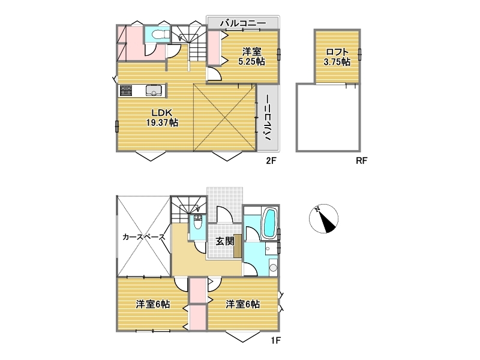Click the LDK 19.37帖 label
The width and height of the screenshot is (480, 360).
coord(162,118)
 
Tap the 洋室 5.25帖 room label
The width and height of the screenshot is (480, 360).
coord(251,56)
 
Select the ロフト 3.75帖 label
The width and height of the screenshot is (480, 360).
coord(337,56)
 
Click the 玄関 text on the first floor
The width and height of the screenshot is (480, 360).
coord(225,241)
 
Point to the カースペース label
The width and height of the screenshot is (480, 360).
coord(144,237)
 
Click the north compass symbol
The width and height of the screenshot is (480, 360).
coord(323,218)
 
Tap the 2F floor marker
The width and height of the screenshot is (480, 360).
coord(271,160)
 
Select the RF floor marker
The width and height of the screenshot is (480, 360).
coord(361,160)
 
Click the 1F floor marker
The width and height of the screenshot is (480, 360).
coord(275,340)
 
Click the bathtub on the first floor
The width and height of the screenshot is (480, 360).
coord(269,223)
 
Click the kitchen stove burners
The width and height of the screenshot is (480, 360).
coord(126,91)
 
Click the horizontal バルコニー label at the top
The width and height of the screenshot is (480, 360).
coord(243,23)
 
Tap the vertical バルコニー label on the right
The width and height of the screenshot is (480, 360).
coord(268,118)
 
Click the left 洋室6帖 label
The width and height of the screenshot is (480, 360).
coord(153,304)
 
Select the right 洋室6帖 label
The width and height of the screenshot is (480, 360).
coord(243,304)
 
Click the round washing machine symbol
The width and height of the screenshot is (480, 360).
coord(273,268)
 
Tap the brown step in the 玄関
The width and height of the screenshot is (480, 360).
coord(238,246)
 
